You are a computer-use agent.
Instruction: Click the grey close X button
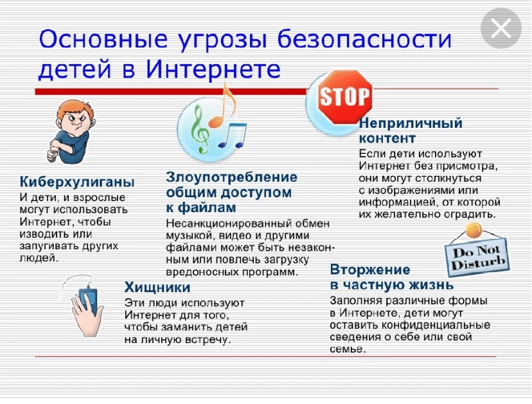tap(501, 28)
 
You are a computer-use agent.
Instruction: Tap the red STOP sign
tap(346, 97)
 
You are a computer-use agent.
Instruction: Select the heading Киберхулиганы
tap(77, 182)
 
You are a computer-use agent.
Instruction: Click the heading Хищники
tap(157, 287)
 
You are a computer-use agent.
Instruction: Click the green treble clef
tap(199, 128)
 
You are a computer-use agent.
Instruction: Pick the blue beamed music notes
tap(233, 136)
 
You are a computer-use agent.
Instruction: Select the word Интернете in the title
tap(213, 69)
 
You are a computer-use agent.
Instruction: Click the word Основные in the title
tap(103, 39)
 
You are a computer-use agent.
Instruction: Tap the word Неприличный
tap(411, 123)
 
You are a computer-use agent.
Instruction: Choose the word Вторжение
tap(370, 270)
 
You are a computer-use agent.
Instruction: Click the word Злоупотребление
tap(231, 177)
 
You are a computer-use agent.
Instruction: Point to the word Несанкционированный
tap(229, 224)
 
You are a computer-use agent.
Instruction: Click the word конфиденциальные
tap(436, 325)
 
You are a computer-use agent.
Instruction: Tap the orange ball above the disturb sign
tap(474, 231)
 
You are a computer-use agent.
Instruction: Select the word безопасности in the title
tap(364, 39)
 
